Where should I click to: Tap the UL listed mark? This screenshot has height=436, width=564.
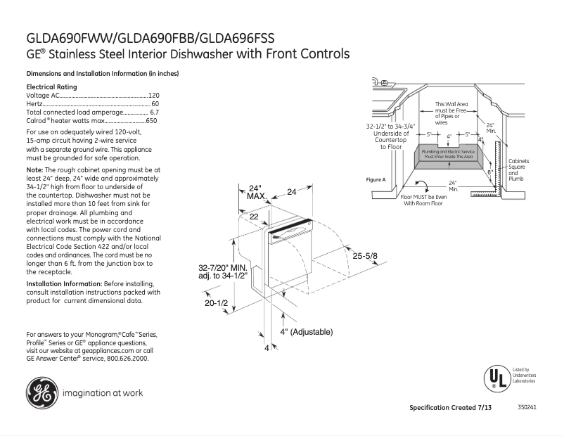496,378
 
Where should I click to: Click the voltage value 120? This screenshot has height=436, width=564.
153,95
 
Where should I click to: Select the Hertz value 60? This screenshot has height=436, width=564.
155,103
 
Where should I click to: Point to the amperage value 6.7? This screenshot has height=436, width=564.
155,112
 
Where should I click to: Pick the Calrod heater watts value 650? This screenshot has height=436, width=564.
151,120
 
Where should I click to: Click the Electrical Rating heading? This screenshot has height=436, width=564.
51,86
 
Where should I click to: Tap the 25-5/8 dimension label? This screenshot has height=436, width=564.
366,255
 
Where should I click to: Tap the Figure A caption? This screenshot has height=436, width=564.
376,180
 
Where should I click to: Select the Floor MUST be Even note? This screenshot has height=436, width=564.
423,200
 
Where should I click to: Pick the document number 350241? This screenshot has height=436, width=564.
527,408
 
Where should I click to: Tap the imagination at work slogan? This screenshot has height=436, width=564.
103,393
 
